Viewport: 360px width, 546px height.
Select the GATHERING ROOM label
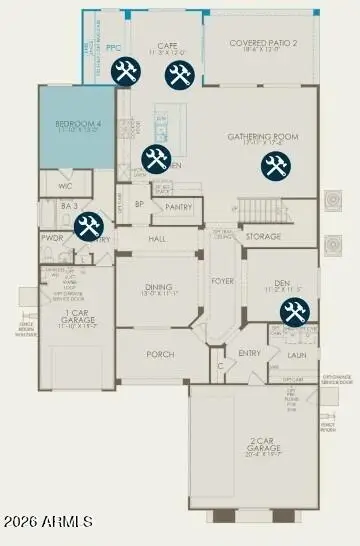(263, 138)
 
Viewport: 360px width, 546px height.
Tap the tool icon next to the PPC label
(126, 71)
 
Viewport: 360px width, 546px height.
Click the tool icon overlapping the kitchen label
(155, 158)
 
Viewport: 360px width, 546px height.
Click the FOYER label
(222, 282)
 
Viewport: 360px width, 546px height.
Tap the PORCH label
(160, 354)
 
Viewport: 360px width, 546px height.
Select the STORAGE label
(263, 237)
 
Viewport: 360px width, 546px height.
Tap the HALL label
(157, 240)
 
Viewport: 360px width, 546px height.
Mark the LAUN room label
(296, 354)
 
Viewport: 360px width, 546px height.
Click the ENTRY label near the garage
(249, 353)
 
